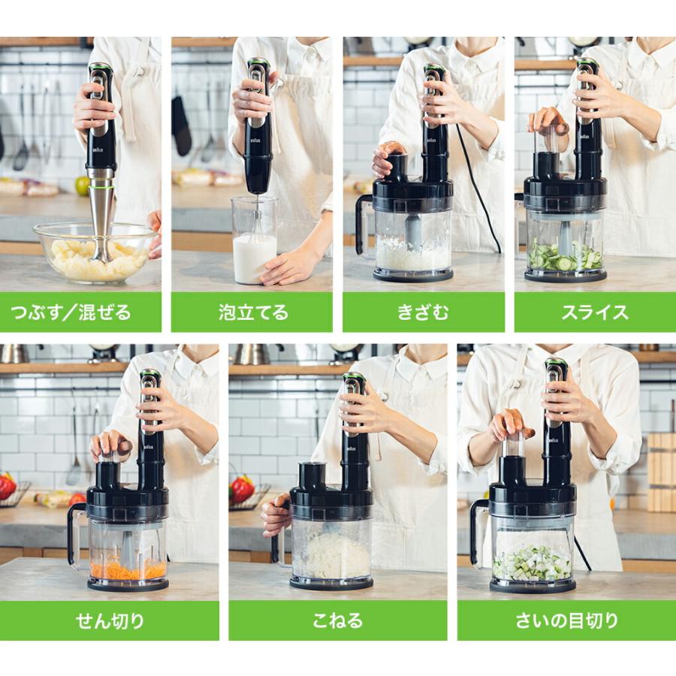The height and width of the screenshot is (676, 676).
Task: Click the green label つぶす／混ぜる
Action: point(80,312)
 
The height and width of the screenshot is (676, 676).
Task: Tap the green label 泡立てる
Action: point(252,312)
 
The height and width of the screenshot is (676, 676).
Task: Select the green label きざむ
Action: point(424,312)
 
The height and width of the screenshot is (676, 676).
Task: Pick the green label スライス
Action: point(595,312)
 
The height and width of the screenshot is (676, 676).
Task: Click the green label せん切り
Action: point(110,620)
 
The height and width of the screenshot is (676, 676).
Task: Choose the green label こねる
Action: point(337,620)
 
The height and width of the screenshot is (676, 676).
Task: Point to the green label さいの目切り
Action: point(566,620)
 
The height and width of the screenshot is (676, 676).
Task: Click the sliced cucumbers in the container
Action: point(564,258)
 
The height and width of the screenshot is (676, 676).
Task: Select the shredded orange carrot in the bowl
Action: point(128,569)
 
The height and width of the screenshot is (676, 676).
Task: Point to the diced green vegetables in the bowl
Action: point(532,563)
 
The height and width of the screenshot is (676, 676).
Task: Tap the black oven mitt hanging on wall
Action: point(181,126)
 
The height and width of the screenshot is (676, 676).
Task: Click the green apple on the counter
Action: point(82,186)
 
